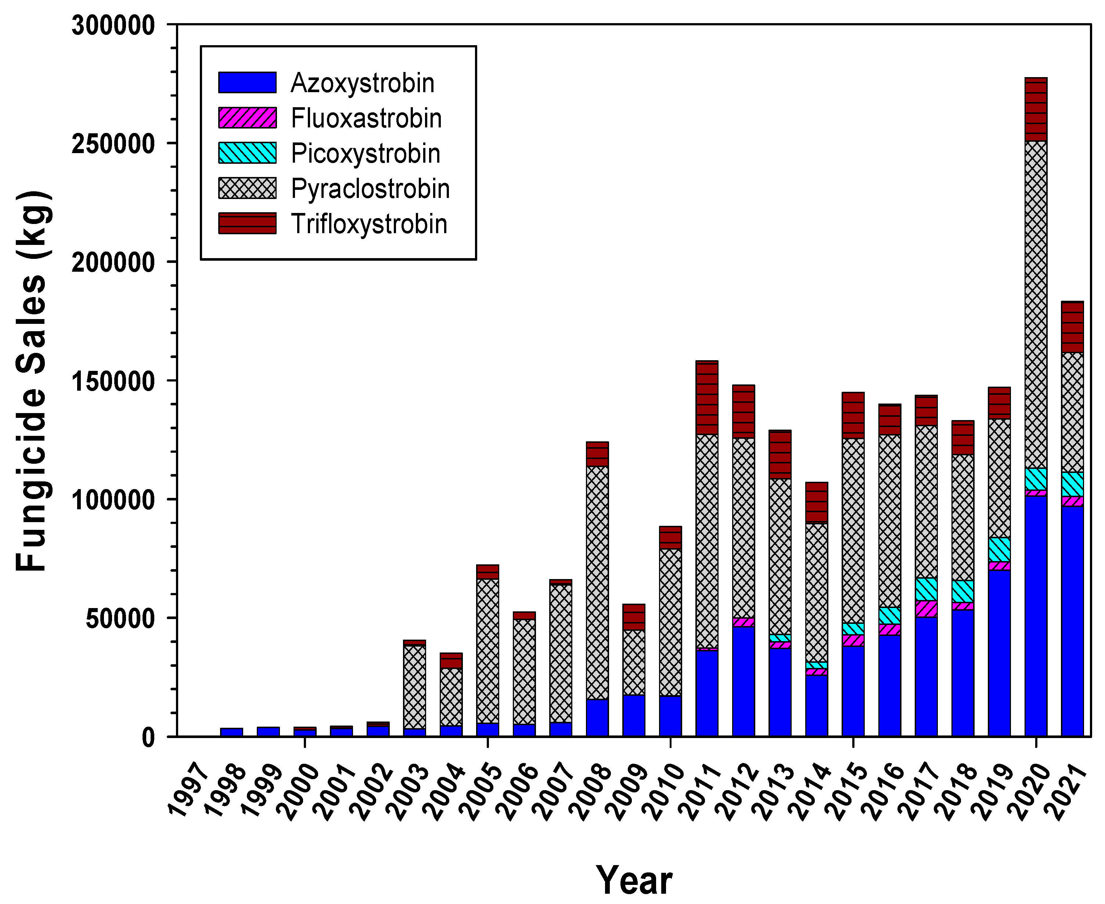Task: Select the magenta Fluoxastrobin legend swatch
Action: tap(247, 118)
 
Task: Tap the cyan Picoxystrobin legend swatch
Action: tap(247, 153)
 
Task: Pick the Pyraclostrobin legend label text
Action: tap(370, 188)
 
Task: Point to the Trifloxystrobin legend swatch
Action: tap(247, 223)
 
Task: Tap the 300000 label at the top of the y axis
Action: tap(113, 25)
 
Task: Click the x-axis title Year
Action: tap(634, 880)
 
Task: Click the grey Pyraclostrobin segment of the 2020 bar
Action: tap(1035, 305)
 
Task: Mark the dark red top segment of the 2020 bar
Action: tap(1035, 109)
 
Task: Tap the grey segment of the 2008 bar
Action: tap(597, 582)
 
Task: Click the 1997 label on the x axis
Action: tap(188, 792)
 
